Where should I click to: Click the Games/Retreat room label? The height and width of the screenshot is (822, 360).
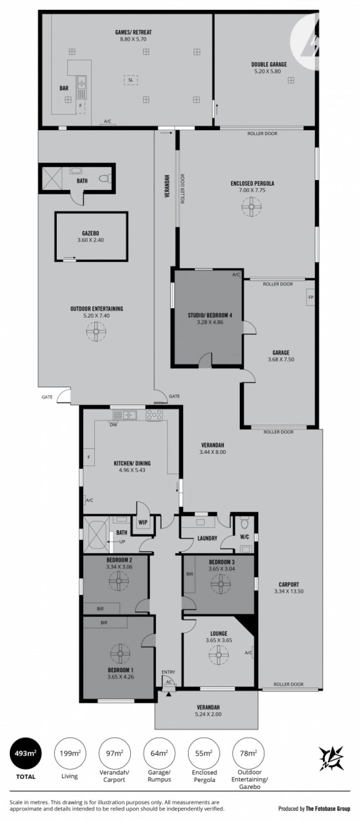[x=133, y=32]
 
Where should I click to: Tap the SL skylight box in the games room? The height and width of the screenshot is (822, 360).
[x=130, y=80]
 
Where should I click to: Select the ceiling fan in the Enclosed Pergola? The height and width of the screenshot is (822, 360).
[x=252, y=208]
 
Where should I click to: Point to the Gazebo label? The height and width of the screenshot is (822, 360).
[x=90, y=233]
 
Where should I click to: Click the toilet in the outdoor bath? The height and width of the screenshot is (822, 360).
[x=105, y=179]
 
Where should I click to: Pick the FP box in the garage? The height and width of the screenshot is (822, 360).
[x=310, y=298]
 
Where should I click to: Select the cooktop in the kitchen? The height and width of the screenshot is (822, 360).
[x=154, y=415]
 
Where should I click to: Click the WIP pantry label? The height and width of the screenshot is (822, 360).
[x=143, y=523]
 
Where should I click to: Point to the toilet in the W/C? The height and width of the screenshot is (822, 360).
[x=245, y=523]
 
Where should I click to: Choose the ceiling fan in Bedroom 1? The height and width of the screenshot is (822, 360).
[x=120, y=653]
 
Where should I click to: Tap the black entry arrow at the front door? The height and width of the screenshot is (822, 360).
[x=168, y=694]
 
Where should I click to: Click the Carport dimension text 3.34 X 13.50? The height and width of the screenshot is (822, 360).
[x=288, y=591]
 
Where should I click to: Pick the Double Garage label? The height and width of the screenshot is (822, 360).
[x=269, y=64]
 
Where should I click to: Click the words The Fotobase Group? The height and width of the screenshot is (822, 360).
[x=328, y=808]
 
